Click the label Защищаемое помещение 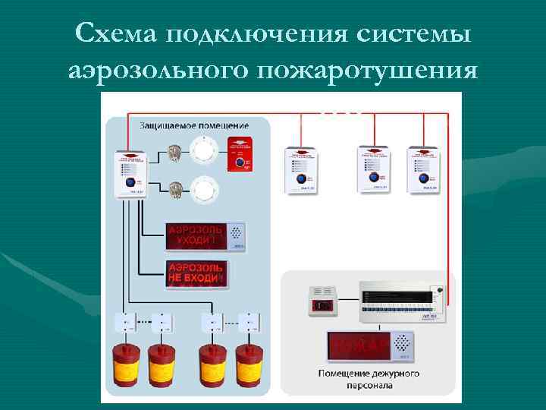[x=193, y=123]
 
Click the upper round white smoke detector [x=204, y=150]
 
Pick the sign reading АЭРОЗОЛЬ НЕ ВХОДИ [x=196, y=273]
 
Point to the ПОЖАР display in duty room [x=369, y=346]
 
